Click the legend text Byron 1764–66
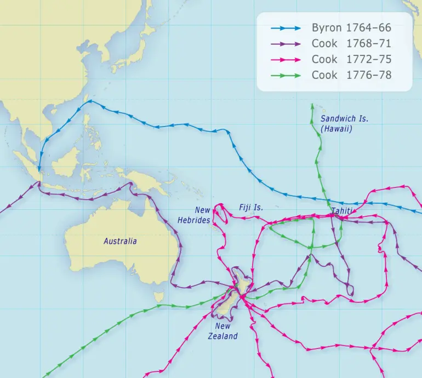point(351,28)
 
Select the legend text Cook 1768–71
point(351,44)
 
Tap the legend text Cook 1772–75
point(351,59)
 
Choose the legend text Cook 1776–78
point(351,75)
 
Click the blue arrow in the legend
point(286,28)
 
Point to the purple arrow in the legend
point(286,44)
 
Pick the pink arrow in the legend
point(286,59)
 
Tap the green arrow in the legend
point(286,75)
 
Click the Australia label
point(120,241)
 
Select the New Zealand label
point(223,331)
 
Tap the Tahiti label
point(342,211)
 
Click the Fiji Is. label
point(251,208)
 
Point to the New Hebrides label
point(195,215)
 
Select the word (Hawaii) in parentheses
point(336,129)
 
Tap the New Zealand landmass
point(230,299)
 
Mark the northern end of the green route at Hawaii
point(312,105)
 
